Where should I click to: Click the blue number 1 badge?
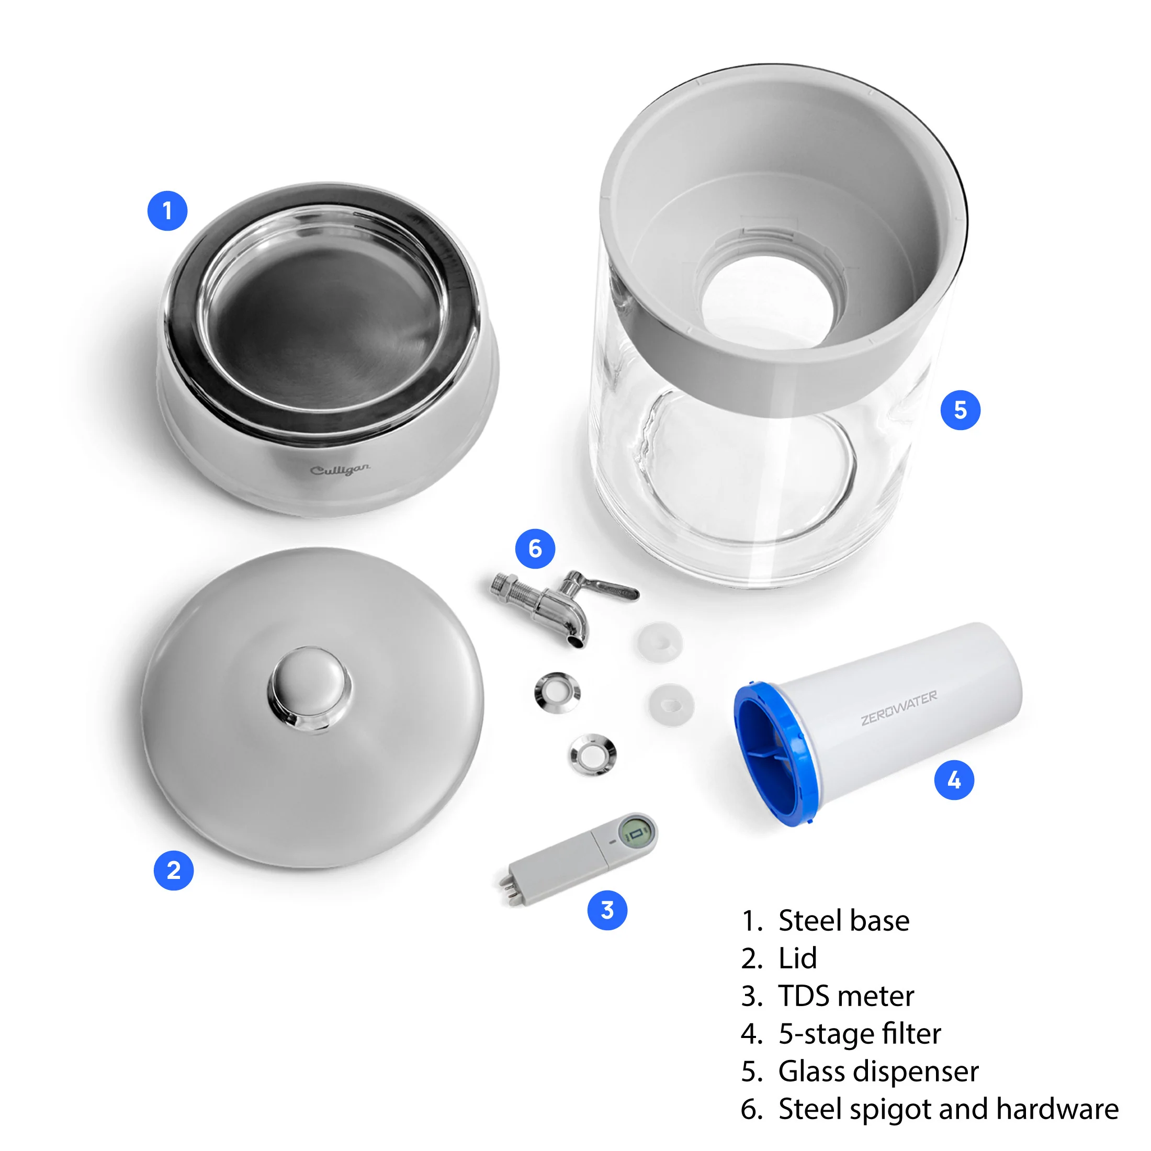[167, 210]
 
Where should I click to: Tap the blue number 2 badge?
[173, 871]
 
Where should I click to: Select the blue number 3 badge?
[607, 910]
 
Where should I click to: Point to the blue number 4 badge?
[954, 780]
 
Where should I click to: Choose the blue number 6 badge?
[535, 548]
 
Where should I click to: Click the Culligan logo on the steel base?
[340, 470]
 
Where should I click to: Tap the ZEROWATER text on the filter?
[898, 707]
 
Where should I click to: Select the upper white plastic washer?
[660, 641]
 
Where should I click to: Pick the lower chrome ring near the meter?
[592, 755]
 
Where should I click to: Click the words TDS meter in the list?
[845, 996]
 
